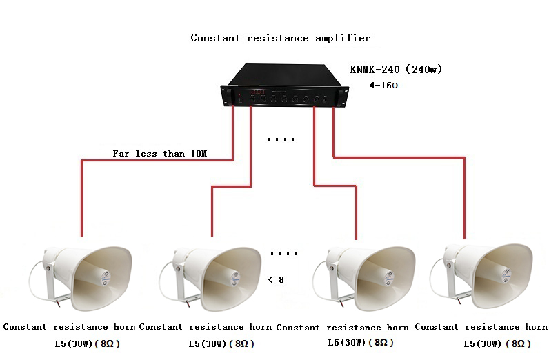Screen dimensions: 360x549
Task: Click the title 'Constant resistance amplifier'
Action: coord(280,38)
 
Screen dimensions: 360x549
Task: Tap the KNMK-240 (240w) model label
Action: coord(395,69)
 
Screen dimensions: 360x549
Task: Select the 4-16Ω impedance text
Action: coord(385,86)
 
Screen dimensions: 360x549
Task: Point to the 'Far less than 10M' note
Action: coord(159,153)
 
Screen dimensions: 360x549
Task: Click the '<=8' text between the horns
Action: coord(276,281)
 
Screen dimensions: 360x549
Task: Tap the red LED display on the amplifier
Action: coord(257,92)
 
